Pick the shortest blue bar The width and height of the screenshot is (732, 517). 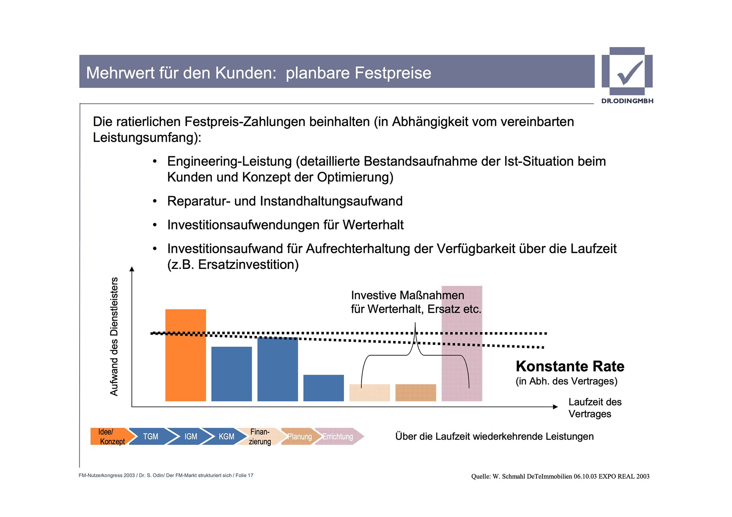tap(323, 388)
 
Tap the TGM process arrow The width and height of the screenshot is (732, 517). tap(150, 436)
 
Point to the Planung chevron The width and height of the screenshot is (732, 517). tap(299, 437)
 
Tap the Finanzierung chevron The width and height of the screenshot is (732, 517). tap(260, 437)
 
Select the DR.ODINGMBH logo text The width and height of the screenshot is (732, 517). tap(627, 101)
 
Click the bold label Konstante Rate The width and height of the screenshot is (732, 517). tap(570, 366)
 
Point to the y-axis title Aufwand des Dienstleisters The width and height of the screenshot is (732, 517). tap(114, 336)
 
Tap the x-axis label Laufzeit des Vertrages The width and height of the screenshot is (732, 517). tap(594, 408)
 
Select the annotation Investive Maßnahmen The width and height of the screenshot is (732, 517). tap(407, 295)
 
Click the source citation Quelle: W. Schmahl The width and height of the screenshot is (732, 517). tap(560, 476)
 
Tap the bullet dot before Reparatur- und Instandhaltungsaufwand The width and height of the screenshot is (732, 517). tap(155, 201)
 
